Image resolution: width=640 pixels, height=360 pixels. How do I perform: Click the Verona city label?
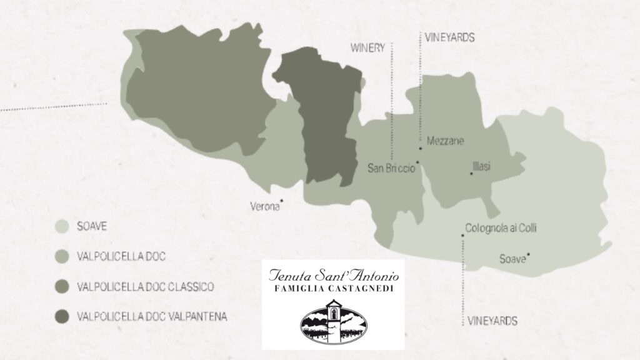click(x=264, y=206)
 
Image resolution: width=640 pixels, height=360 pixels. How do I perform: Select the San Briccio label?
click(x=391, y=167)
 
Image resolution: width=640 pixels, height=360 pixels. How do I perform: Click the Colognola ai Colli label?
click(x=501, y=229)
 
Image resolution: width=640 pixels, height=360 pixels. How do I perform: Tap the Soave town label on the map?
click(x=512, y=259)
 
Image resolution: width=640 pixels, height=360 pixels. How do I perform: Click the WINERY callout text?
click(x=367, y=49)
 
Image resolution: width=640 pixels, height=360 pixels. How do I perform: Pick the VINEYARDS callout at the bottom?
click(x=492, y=321)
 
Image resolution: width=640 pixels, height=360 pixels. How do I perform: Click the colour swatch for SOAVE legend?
click(x=62, y=226)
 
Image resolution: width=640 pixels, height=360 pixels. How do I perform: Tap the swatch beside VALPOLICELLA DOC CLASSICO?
click(x=62, y=287)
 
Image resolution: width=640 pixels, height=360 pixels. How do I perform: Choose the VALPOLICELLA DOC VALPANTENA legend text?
click(x=151, y=317)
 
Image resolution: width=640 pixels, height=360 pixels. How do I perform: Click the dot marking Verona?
click(x=282, y=201)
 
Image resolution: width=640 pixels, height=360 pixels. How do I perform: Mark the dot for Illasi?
click(x=471, y=173)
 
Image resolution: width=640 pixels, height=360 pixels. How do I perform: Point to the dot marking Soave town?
click(x=529, y=254)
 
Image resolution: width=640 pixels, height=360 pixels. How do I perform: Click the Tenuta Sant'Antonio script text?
click(x=332, y=275)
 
